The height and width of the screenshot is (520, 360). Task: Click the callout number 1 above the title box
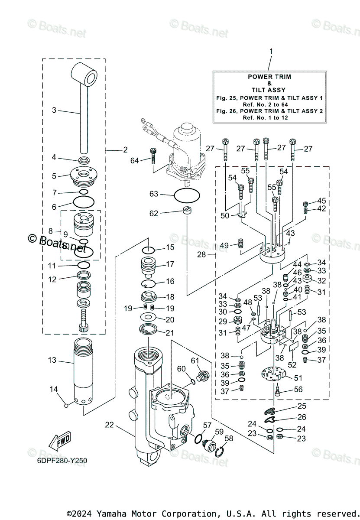coord(271,52)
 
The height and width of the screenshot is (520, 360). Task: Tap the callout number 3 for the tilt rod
coord(54,110)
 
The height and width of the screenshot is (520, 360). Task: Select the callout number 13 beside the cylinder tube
coord(52,360)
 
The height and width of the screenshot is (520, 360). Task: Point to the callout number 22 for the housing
coord(109,425)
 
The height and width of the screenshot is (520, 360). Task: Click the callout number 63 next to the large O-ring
coord(154,194)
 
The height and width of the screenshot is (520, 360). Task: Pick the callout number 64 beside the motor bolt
coord(135,161)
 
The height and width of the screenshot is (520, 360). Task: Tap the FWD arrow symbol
coord(59,441)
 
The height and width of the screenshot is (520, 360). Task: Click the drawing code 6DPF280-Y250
coord(62,461)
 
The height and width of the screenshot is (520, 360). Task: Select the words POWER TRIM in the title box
coord(269,77)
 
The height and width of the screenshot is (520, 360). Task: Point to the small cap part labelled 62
coord(187,211)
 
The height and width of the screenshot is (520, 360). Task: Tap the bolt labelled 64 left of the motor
coord(153,155)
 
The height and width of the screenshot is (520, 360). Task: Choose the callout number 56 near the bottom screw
coord(298,390)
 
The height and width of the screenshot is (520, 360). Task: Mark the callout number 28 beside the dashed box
coord(202,255)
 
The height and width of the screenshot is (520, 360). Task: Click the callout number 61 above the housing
coord(195,361)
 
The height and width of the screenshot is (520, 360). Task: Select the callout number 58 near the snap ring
coord(229,439)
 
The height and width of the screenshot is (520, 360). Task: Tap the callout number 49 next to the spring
coord(224,246)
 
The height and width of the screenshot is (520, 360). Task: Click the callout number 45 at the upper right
coord(321,201)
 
